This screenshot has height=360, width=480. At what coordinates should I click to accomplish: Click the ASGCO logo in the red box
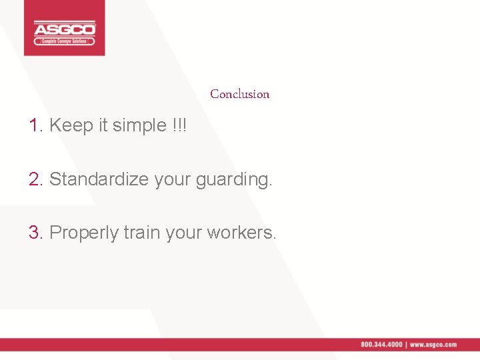click(65, 29)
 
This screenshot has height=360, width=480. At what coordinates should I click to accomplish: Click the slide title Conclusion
click(239, 94)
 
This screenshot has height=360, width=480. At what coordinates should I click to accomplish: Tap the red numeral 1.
click(35, 125)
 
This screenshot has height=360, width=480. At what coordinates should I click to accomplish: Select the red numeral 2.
click(35, 179)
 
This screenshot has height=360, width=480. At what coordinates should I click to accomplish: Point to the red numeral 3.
click(35, 233)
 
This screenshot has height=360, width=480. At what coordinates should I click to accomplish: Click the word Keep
click(71, 125)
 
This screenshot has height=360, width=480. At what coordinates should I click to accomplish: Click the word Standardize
click(99, 179)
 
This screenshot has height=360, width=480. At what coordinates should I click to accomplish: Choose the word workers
click(241, 233)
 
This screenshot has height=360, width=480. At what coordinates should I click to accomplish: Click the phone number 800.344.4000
click(381, 345)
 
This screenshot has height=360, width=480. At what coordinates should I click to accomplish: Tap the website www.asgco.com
click(433, 345)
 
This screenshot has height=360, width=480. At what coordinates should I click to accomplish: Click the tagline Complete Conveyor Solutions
click(65, 41)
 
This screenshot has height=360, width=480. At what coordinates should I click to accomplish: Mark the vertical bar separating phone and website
click(406, 345)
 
